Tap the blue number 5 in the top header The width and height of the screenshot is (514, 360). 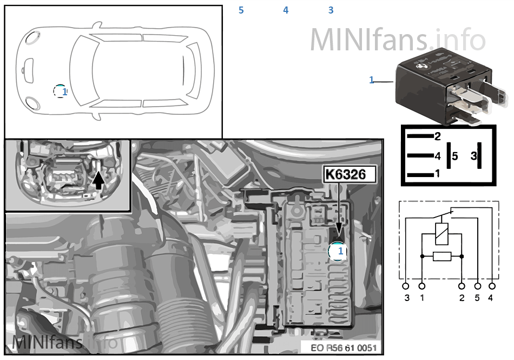click(x=241, y=10)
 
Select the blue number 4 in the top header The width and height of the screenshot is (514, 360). click(x=286, y=10)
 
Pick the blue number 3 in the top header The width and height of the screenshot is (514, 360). click(x=331, y=10)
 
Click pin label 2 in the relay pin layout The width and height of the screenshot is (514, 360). click(x=438, y=136)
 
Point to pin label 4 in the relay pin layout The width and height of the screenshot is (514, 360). click(x=438, y=156)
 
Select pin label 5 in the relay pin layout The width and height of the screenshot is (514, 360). click(x=454, y=156)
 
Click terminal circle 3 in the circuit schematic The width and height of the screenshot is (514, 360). click(x=406, y=285)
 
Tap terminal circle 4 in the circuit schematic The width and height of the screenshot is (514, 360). click(x=492, y=285)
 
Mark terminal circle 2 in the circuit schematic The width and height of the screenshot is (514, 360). click(x=462, y=285)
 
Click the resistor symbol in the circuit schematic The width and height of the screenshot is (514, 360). click(x=442, y=256)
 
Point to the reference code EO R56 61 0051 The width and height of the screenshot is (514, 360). click(x=344, y=348)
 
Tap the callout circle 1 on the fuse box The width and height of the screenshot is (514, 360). click(x=338, y=251)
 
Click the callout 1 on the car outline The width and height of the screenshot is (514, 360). click(x=61, y=91)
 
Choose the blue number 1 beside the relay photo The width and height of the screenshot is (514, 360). click(x=372, y=80)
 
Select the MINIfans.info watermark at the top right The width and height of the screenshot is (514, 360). click(x=398, y=39)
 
